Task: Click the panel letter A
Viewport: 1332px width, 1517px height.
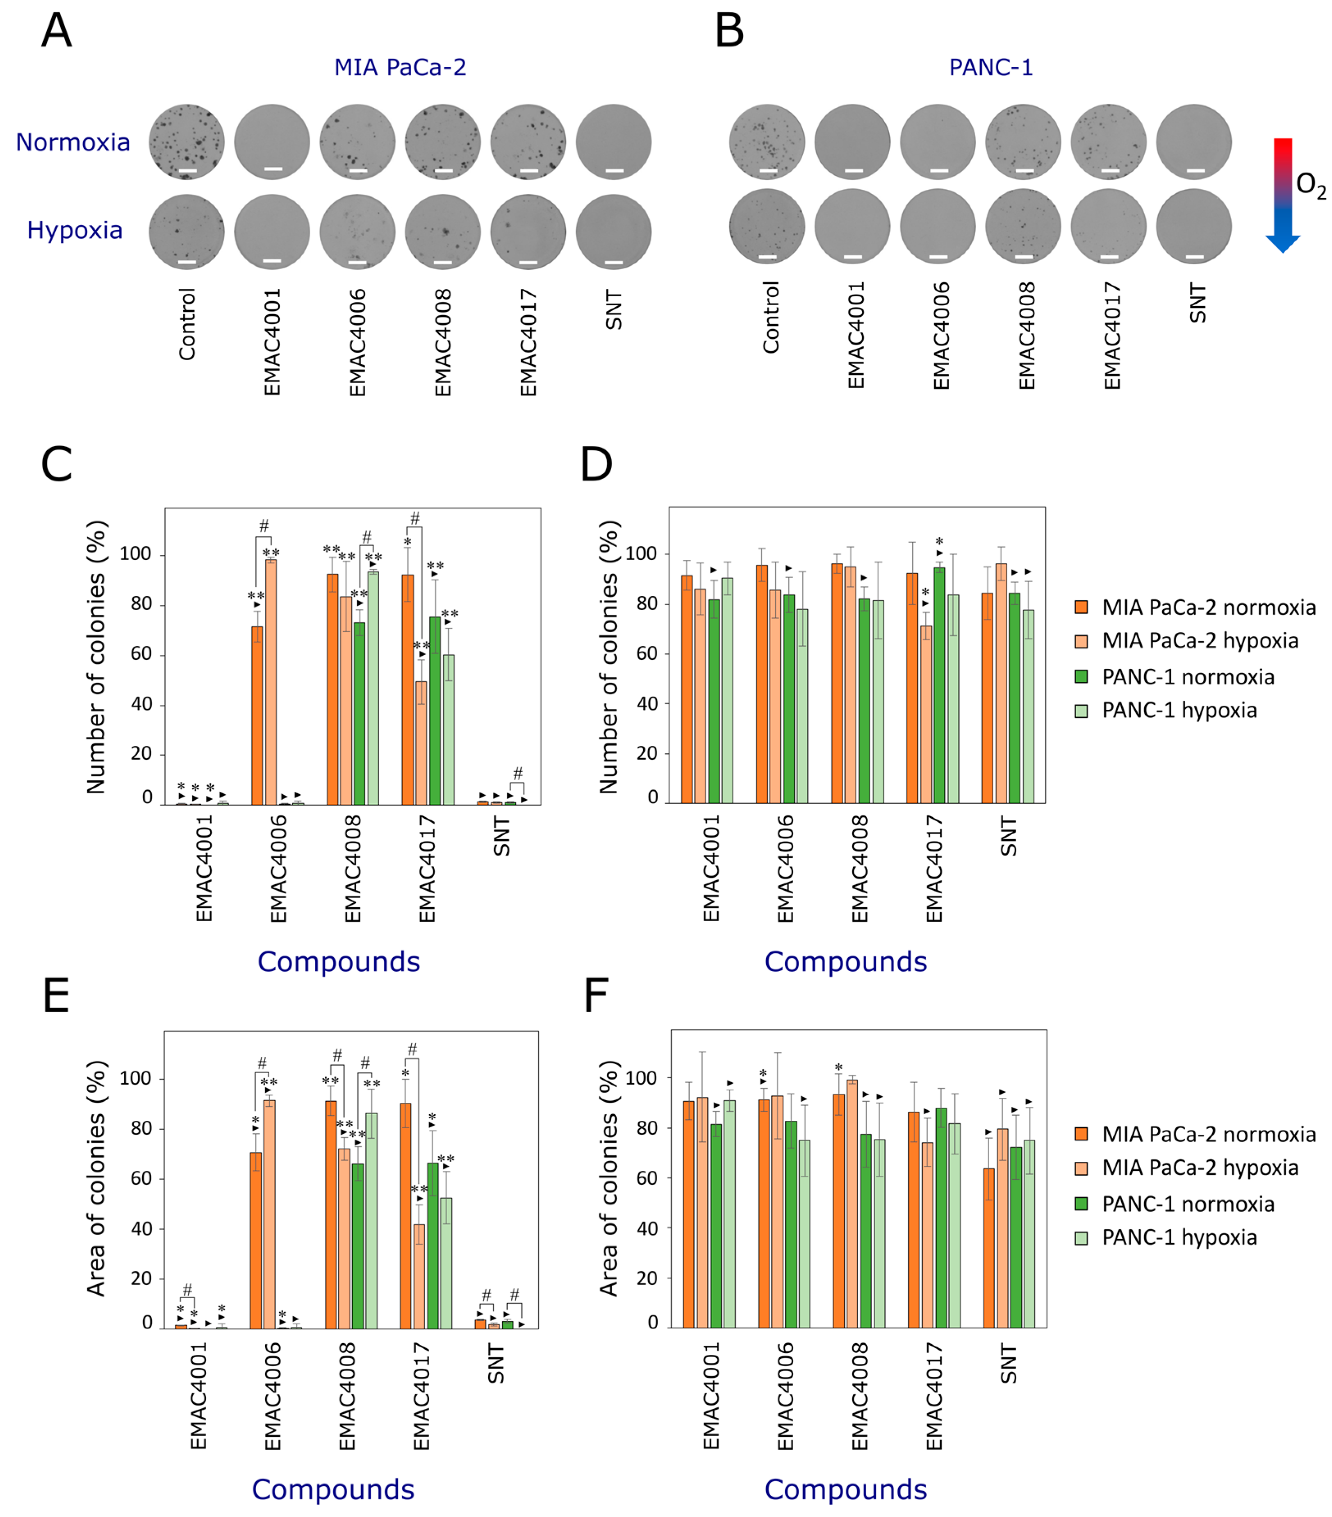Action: pyautogui.click(x=57, y=31)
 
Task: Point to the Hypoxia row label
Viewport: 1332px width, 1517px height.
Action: pyautogui.click(x=74, y=230)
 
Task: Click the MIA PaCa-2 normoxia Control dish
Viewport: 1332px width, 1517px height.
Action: pyautogui.click(x=187, y=142)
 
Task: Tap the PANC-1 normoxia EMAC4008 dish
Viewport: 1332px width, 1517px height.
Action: pyautogui.click(x=1023, y=142)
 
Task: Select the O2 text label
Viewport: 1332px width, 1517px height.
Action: pyautogui.click(x=1310, y=186)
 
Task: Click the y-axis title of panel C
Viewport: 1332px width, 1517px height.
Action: pyautogui.click(x=96, y=657)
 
